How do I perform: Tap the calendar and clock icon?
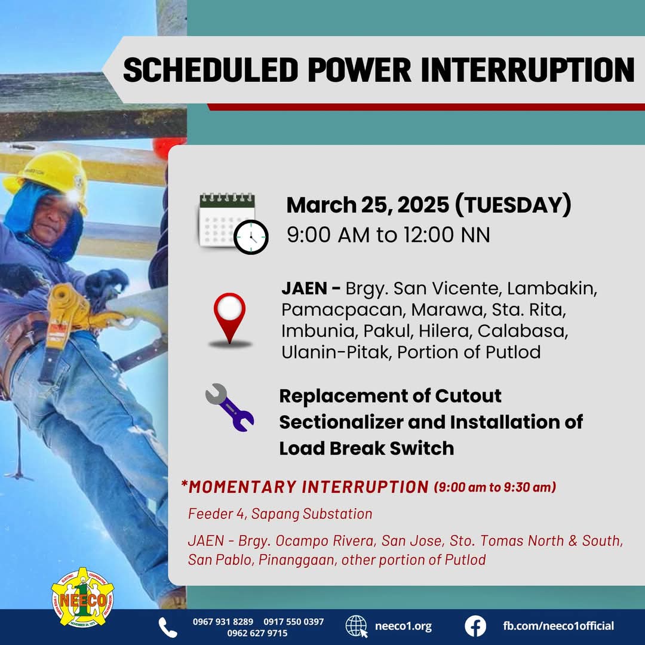[233, 222]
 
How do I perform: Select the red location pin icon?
[229, 320]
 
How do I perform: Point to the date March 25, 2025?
[367, 205]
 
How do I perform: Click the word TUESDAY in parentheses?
[512, 205]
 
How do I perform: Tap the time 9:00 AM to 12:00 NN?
[388, 235]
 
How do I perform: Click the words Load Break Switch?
[366, 448]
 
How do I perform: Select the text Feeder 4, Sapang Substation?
[280, 514]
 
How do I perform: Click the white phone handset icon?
[168, 627]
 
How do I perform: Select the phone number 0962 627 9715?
[257, 633]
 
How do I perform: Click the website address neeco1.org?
[403, 626]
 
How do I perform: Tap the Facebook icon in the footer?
[475, 626]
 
